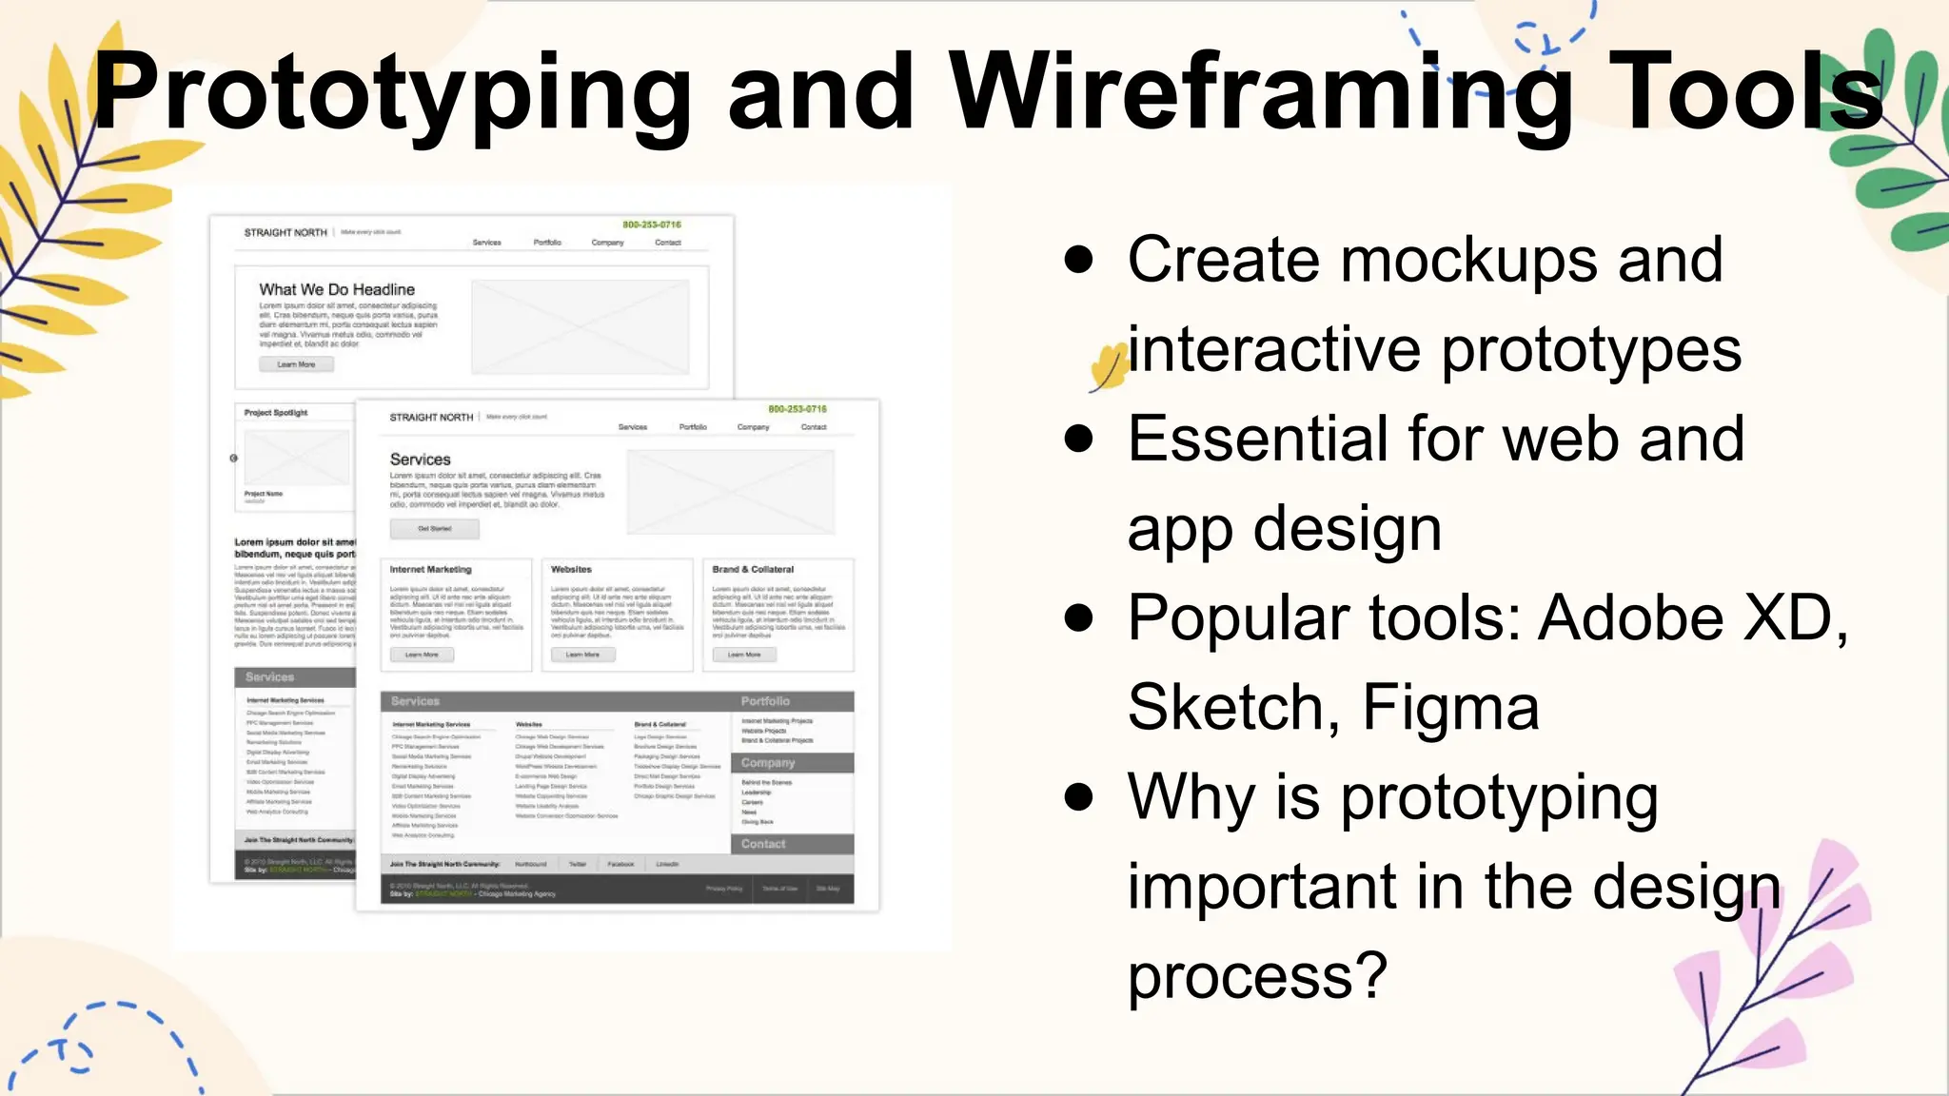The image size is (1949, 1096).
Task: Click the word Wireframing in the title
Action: pos(1260,93)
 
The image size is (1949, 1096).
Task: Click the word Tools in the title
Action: pos(1745,91)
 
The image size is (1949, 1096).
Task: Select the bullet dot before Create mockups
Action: pos(1078,260)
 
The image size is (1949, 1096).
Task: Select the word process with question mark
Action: pos(1257,976)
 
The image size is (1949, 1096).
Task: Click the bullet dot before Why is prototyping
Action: pos(1078,796)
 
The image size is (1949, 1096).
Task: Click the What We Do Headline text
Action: pos(337,289)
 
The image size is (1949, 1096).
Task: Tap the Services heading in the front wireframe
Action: pos(420,460)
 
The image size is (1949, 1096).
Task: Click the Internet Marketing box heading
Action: pos(430,569)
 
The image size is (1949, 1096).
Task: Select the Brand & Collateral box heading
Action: pos(753,569)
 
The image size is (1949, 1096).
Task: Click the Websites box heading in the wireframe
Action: pos(571,569)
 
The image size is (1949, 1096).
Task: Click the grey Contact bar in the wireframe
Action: pos(792,844)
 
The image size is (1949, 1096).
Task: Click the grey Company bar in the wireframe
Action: pos(792,763)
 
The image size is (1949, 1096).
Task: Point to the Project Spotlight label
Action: pos(276,413)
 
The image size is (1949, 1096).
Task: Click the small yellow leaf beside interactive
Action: pos(1107,367)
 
